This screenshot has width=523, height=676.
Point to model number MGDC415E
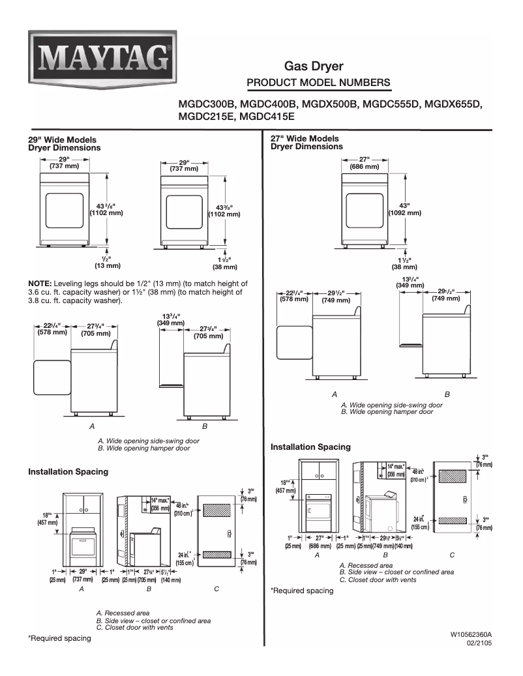(x=267, y=117)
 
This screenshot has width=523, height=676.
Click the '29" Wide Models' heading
(x=62, y=140)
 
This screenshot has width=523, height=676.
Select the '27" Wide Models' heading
(x=305, y=139)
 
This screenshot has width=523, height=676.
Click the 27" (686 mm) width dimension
(x=364, y=163)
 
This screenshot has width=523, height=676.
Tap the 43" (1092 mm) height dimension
(x=404, y=209)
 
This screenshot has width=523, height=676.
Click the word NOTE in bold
(x=39, y=284)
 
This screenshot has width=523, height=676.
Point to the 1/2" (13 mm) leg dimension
(x=108, y=261)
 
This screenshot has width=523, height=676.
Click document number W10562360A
(x=470, y=634)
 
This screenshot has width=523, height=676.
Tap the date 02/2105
(x=479, y=643)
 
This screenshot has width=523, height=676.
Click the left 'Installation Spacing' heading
(x=68, y=471)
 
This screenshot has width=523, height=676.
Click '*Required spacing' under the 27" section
(x=301, y=591)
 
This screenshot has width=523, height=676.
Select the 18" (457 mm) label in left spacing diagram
(x=49, y=519)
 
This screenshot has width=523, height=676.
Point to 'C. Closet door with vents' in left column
(x=134, y=628)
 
